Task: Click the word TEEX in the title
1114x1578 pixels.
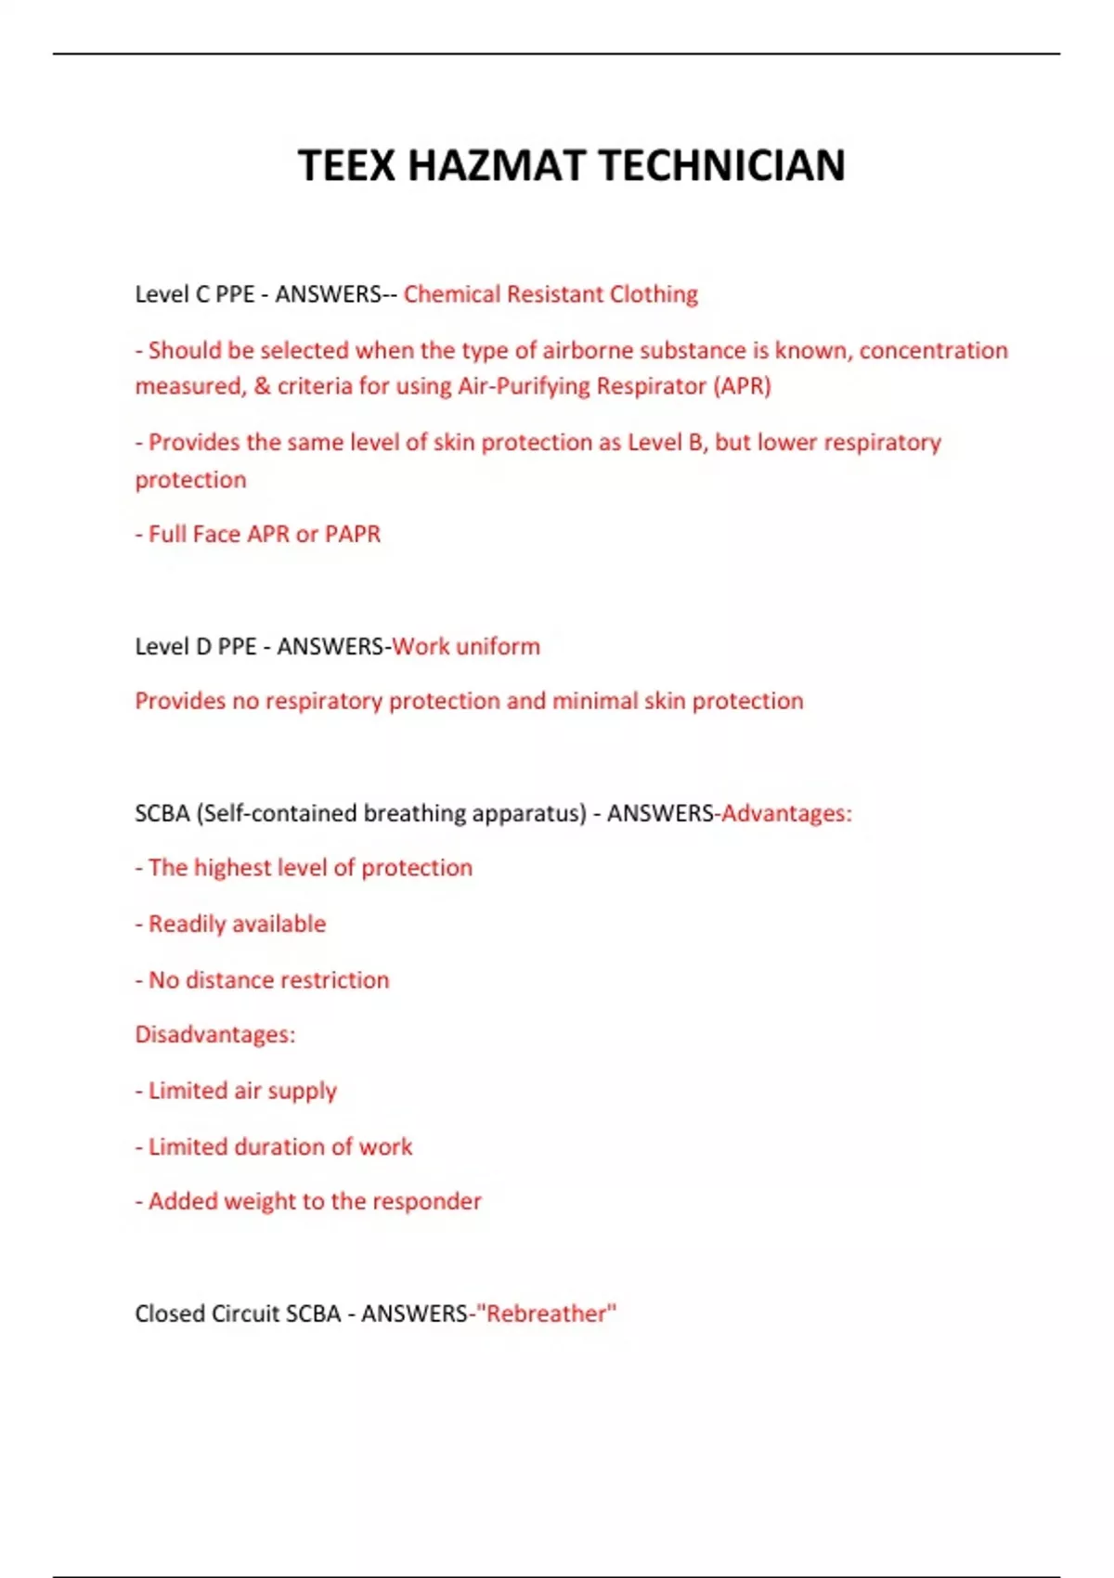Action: click(x=346, y=166)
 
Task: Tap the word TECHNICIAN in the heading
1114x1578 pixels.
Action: click(x=722, y=166)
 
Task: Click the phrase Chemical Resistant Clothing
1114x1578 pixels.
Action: click(x=551, y=294)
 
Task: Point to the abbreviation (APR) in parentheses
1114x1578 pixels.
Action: click(x=742, y=386)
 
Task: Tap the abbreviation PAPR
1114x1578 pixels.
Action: click(x=353, y=534)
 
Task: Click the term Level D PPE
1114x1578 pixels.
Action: click(x=195, y=646)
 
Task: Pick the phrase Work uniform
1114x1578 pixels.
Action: click(x=466, y=646)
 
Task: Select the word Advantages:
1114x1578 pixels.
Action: click(x=786, y=813)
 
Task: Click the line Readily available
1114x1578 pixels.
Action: click(x=237, y=924)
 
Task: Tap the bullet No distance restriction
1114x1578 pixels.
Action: click(x=268, y=980)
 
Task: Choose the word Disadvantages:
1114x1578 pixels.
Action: click(x=215, y=1034)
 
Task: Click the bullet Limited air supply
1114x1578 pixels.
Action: click(x=242, y=1091)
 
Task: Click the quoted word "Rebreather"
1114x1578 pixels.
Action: click(x=546, y=1313)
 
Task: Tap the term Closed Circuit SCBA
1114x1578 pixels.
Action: click(x=238, y=1313)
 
